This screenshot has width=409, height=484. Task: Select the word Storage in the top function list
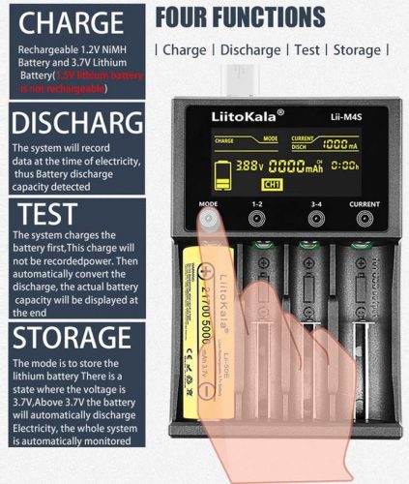(357, 49)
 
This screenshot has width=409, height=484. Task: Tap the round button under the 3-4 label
(315, 220)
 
